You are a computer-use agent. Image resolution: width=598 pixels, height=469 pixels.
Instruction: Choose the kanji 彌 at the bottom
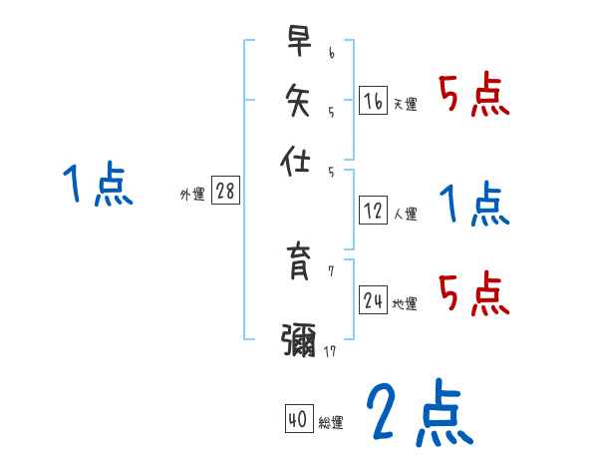tap(299, 339)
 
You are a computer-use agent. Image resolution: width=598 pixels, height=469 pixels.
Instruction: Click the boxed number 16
tap(373, 101)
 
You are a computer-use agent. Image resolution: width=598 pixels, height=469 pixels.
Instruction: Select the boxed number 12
tap(373, 211)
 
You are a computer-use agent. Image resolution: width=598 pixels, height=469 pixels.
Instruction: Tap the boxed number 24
tap(373, 300)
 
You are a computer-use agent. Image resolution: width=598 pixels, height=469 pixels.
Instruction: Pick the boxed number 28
tap(225, 192)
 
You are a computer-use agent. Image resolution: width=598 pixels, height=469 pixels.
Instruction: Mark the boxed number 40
tap(297, 420)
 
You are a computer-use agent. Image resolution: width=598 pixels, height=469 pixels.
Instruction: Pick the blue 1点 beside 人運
tap(473, 205)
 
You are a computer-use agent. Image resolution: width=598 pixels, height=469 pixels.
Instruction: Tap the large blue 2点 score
tap(419, 412)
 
